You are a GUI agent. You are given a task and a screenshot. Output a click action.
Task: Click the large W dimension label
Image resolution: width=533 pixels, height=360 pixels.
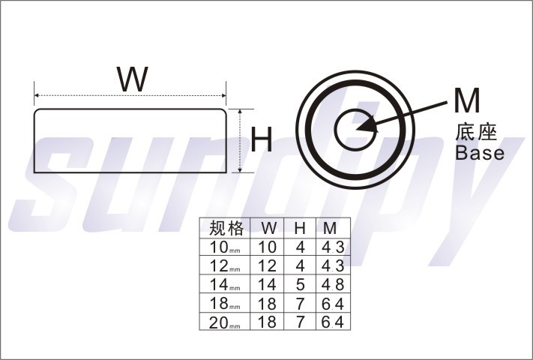(x=132, y=79)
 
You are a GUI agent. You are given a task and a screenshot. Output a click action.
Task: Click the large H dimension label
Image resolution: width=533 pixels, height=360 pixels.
(x=260, y=140)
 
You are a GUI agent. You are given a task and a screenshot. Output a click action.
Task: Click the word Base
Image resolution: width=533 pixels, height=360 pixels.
(x=480, y=153)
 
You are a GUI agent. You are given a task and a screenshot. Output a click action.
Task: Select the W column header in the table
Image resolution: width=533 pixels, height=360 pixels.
(x=268, y=228)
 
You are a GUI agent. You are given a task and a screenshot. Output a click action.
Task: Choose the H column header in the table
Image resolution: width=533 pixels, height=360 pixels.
(x=299, y=228)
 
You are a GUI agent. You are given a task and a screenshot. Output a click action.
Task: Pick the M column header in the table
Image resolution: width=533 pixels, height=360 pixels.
(x=330, y=228)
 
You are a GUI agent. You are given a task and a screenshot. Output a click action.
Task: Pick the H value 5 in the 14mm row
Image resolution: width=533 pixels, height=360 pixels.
(x=300, y=285)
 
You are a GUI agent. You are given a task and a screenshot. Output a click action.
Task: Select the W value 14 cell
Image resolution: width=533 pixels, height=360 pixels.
(x=268, y=285)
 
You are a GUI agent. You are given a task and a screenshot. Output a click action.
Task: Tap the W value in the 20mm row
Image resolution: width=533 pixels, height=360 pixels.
(x=268, y=322)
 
